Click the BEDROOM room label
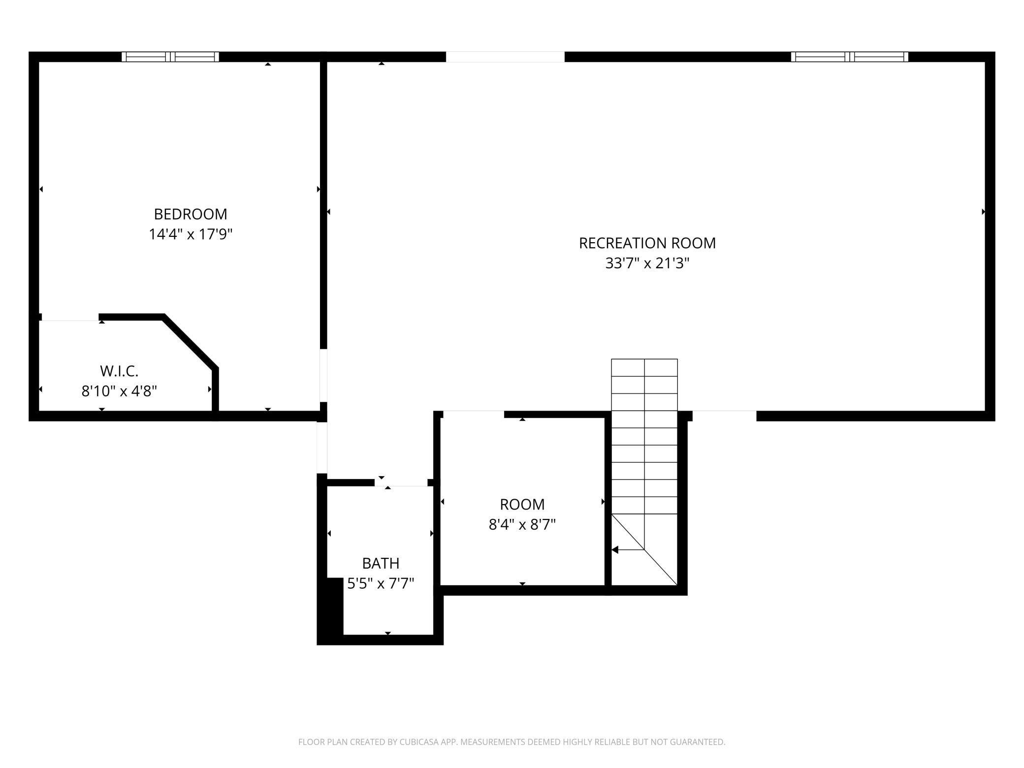[x=191, y=214]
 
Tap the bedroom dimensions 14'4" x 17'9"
[x=191, y=234]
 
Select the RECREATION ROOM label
[x=647, y=243]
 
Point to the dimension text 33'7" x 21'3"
[x=647, y=263]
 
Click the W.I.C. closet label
[x=119, y=371]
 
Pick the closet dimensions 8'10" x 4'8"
[x=119, y=391]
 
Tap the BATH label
[x=381, y=563]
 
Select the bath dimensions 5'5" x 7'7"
[x=381, y=584]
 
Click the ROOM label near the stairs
[x=522, y=505]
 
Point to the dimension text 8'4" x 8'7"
[x=522, y=525]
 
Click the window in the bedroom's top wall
[x=170, y=57]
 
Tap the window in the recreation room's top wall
[x=849, y=57]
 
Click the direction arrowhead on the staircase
[x=615, y=549]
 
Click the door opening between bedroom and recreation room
[x=323, y=375]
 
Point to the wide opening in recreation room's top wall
[x=505, y=57]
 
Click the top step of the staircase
[x=644, y=367]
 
